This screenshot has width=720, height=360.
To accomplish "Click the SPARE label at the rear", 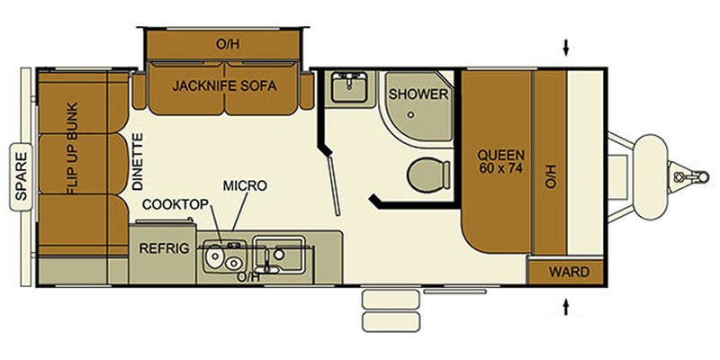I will pos(20,178).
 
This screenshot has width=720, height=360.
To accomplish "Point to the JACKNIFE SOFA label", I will pos(224,86).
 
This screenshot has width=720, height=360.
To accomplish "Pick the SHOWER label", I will pos(419,94).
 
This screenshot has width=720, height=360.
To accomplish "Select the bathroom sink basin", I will pos(346,88).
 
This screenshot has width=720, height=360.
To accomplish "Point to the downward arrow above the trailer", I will pos(567,46).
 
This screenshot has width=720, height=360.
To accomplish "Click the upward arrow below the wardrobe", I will pos(567,308).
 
